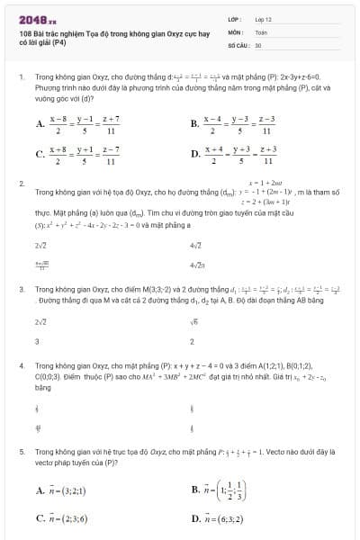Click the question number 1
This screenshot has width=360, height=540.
coord(21,77)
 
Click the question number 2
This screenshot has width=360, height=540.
coord(21,184)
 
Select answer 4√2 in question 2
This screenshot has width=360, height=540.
coord(195,245)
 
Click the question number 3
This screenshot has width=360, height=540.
coord(21,290)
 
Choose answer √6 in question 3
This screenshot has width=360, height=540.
coord(194,321)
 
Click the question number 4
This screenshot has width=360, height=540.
coord(21,368)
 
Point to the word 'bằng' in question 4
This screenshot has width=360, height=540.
coord(42,388)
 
